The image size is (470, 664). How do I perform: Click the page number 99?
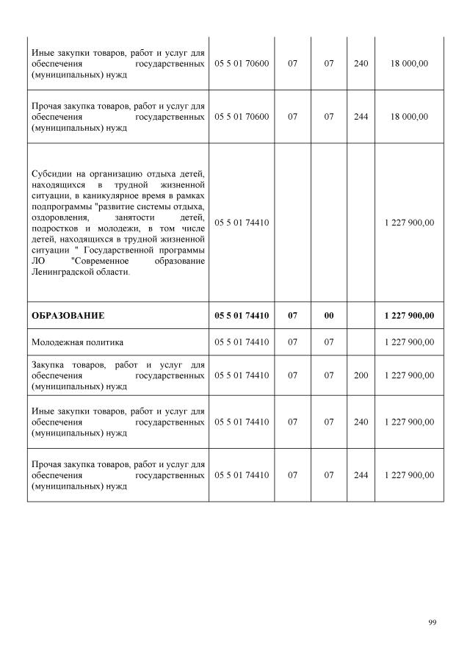tap(432, 623)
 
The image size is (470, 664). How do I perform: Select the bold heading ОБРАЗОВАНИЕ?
tap(68, 316)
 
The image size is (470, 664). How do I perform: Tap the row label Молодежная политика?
tap(77, 342)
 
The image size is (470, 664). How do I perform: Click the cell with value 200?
tap(361, 375)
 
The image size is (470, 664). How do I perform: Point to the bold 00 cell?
tap(328, 316)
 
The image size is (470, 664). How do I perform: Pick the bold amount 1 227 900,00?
tap(409, 316)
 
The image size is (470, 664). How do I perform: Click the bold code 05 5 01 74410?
tap(242, 316)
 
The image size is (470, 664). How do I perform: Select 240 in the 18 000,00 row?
tap(361, 64)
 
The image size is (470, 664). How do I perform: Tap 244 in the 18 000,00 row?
tap(361, 117)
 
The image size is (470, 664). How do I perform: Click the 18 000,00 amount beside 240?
tap(409, 64)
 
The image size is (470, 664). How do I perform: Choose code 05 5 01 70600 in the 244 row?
tap(242, 117)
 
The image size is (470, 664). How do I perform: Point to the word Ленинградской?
tap(65, 272)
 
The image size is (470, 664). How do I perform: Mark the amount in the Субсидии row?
tap(409, 223)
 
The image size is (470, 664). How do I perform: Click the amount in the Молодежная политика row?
tap(409, 342)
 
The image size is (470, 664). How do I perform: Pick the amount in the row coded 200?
tap(409, 375)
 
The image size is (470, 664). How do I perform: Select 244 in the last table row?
tap(361, 475)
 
